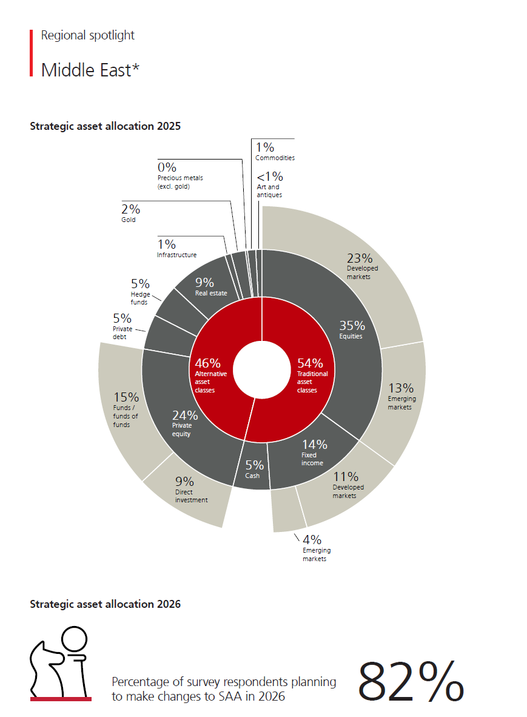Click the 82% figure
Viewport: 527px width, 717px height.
(411, 681)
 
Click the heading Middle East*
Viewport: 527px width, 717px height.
(90, 70)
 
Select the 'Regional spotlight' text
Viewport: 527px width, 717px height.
(88, 35)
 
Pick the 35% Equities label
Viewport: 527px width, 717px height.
(352, 329)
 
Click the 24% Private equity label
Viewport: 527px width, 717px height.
(184, 423)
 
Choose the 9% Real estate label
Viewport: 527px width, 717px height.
(210, 287)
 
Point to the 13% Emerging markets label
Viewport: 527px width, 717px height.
(401, 397)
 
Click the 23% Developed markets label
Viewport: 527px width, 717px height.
(362, 266)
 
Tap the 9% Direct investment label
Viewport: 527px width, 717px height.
(191, 490)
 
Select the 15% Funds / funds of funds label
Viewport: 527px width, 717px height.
(126, 409)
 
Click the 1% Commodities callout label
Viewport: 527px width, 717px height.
(275, 152)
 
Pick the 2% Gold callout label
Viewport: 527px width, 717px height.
(130, 213)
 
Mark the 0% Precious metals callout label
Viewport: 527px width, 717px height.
(180, 175)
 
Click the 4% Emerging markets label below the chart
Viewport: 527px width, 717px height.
(317, 548)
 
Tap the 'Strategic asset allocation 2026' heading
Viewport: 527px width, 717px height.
(105, 604)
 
